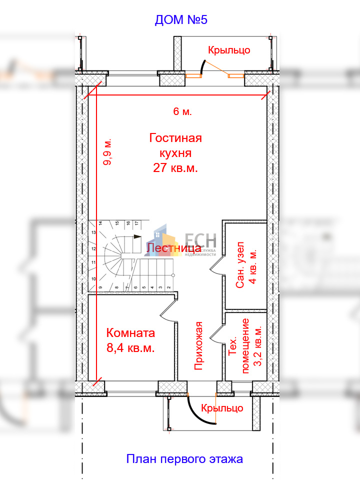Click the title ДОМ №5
tap(181, 20)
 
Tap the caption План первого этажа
tap(184, 459)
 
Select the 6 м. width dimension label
tap(182, 111)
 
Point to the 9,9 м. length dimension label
tap(107, 152)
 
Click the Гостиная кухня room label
tap(175, 145)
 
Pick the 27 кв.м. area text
tap(175, 168)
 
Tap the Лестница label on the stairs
tap(174, 248)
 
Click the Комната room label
tap(130, 333)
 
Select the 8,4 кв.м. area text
tap(130, 348)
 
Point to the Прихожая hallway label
tap(199, 345)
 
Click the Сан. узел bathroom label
tap(240, 265)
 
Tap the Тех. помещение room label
tap(239, 346)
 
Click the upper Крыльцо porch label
tap(229, 50)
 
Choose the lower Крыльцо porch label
tap(222, 408)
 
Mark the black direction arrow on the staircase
tap(137, 236)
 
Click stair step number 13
tap(93, 232)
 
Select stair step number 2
tap(168, 287)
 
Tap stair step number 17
tap(137, 223)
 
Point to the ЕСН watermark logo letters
tap(200, 240)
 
